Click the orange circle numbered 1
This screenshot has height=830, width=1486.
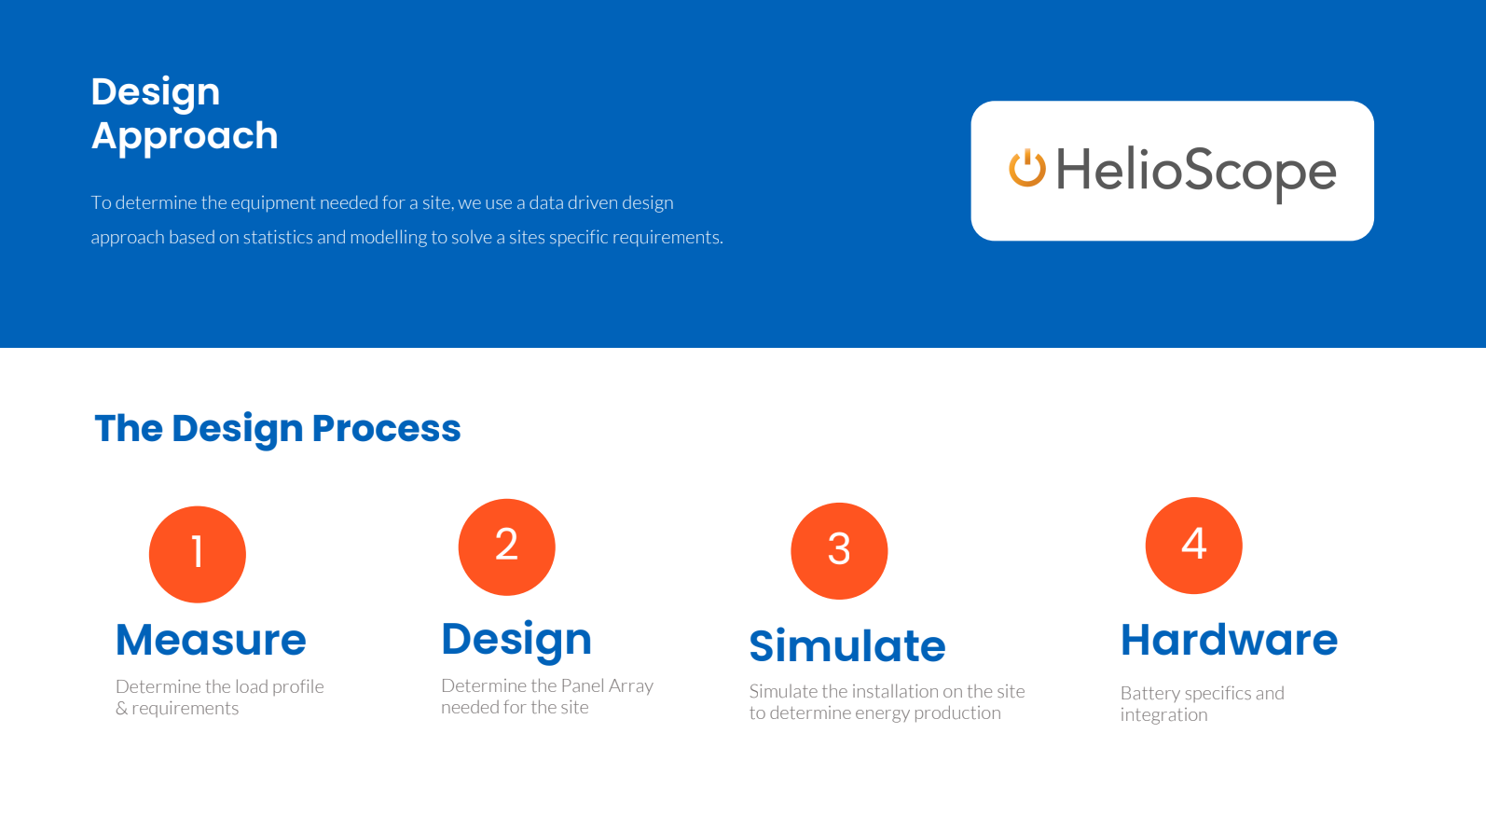(x=198, y=555)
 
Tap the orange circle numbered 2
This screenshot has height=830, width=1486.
(x=507, y=547)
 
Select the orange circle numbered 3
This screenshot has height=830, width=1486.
(x=839, y=551)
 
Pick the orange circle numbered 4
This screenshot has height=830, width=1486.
(x=1194, y=546)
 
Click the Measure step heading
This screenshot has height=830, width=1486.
(x=211, y=640)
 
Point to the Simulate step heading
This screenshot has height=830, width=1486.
(x=847, y=645)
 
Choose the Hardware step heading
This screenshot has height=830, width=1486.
(x=1230, y=640)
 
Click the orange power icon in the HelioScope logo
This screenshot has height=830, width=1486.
(x=1027, y=168)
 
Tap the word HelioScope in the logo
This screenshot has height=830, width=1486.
(x=1196, y=172)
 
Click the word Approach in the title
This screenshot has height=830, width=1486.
(x=185, y=137)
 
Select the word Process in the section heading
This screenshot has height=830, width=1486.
(x=386, y=429)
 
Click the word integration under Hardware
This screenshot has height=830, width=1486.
(x=1164, y=715)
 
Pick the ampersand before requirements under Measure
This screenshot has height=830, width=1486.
(x=121, y=709)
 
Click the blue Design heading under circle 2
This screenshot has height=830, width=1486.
(x=516, y=640)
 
